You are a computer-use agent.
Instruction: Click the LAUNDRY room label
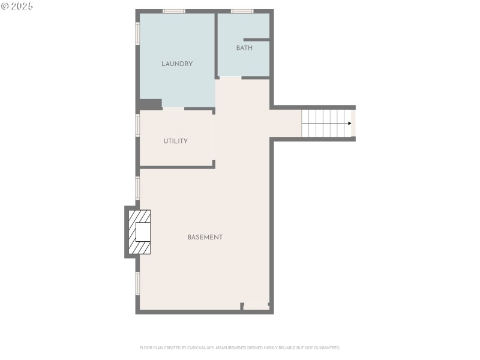click(177, 64)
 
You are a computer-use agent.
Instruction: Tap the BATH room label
click(244, 48)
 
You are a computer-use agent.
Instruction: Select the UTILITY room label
click(176, 141)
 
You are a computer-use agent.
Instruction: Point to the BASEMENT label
click(205, 237)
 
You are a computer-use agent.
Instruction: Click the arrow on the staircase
click(349, 123)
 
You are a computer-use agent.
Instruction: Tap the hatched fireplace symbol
click(140, 232)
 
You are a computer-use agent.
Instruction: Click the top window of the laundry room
click(173, 11)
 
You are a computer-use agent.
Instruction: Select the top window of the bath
click(242, 11)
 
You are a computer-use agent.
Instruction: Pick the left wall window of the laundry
click(137, 34)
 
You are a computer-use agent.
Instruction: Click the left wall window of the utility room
click(137, 125)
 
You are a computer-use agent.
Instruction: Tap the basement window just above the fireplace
click(137, 187)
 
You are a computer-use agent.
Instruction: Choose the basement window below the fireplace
click(137, 283)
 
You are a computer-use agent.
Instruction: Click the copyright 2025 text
click(17, 6)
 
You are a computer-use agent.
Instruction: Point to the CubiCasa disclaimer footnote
click(240, 347)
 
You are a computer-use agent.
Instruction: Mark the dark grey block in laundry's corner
click(150, 104)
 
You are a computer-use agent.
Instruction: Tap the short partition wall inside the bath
click(256, 40)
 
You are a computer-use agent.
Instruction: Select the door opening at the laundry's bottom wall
click(173, 108)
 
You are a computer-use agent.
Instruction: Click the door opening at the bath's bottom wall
click(230, 77)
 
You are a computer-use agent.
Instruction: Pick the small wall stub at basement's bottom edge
click(242, 306)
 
